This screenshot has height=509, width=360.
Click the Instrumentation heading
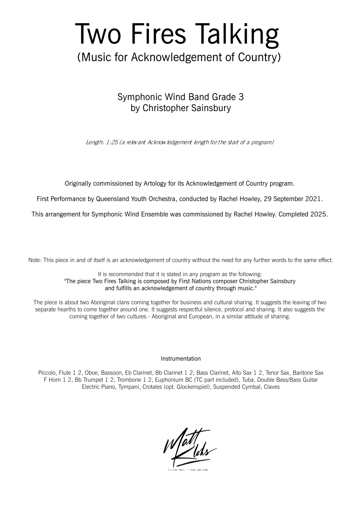click(180, 358)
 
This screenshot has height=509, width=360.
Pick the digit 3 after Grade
click(241, 97)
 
